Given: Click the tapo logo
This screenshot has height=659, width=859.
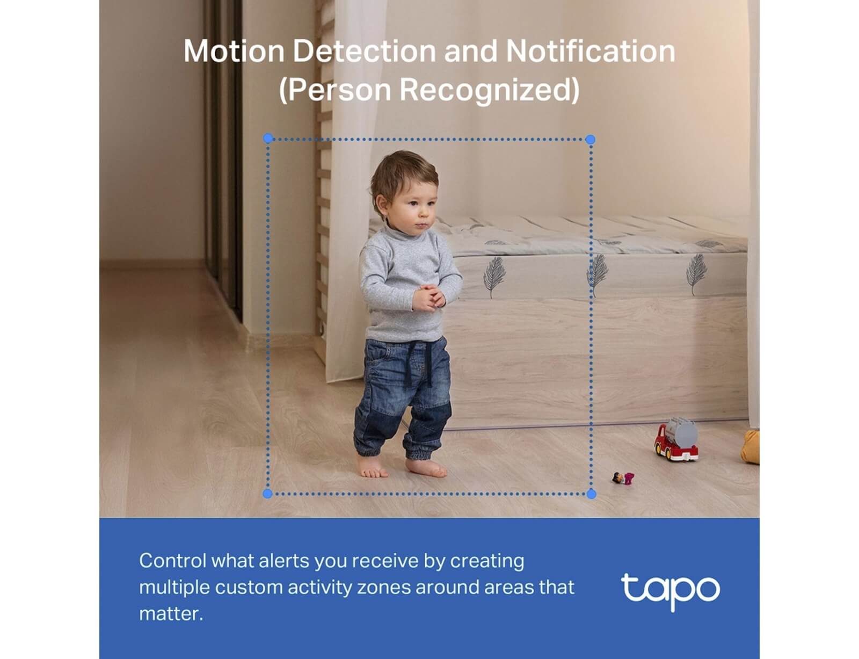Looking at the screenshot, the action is [670, 591].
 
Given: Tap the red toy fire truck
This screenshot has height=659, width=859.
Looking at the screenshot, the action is [675, 439].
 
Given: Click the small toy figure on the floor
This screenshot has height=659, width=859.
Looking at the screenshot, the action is [623, 478].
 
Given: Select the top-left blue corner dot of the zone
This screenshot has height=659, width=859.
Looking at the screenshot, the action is [268, 138].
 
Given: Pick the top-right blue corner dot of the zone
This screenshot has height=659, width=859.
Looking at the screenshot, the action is [590, 139].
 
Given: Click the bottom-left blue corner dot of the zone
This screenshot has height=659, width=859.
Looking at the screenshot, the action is [267, 494].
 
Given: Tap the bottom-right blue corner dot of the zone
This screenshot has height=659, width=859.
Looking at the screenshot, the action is [592, 494].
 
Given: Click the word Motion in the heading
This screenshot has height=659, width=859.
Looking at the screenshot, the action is [234, 51].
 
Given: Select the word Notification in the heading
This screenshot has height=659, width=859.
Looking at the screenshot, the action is [591, 51].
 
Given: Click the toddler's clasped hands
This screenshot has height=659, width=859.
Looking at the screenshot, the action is [428, 297].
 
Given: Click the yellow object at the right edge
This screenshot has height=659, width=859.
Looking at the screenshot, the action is [751, 447].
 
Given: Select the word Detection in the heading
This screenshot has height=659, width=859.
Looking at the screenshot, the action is [364, 51].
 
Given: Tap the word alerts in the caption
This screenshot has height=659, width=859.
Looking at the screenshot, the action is [283, 561].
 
